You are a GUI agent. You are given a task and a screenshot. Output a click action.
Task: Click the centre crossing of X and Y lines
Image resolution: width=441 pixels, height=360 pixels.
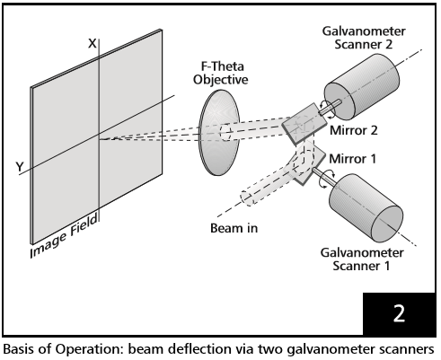[98, 140]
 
